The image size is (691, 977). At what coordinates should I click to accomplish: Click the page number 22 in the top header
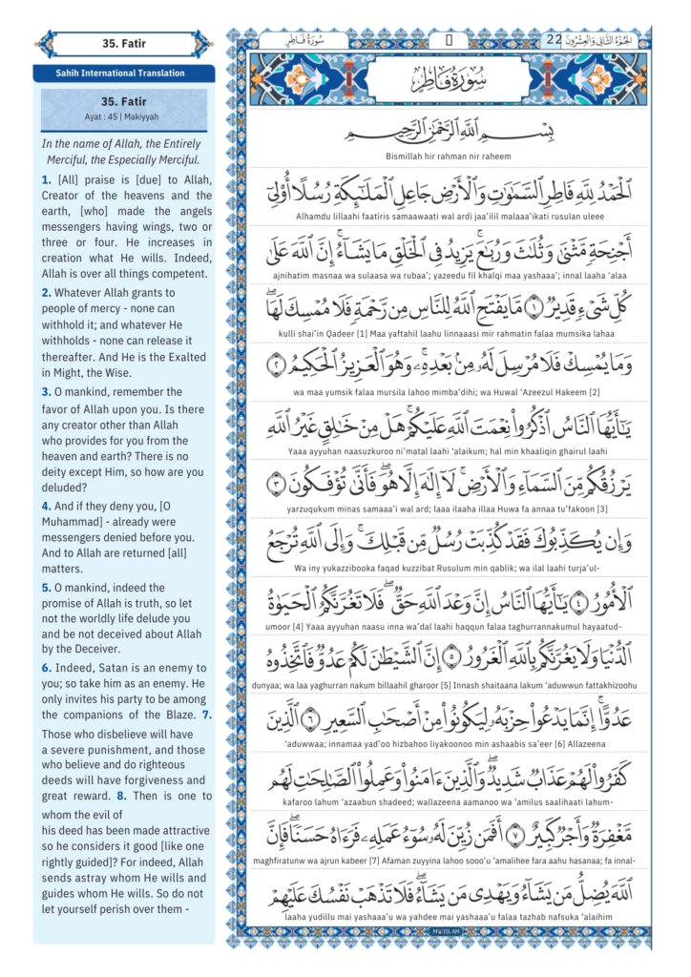click(x=555, y=40)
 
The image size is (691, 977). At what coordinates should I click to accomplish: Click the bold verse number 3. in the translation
click(x=46, y=392)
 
